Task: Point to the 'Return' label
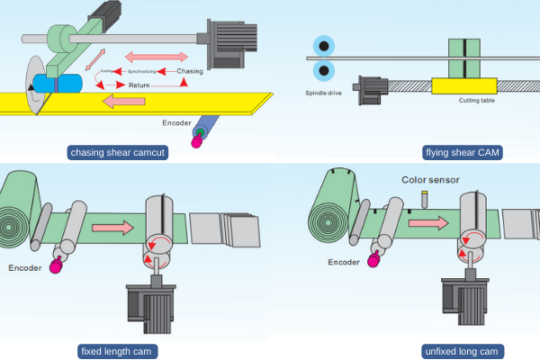tap(139, 85)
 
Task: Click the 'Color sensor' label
tap(429, 180)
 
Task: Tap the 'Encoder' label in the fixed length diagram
tap(27, 267)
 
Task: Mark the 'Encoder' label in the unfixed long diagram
tap(344, 262)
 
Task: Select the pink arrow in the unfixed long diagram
tap(424, 222)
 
